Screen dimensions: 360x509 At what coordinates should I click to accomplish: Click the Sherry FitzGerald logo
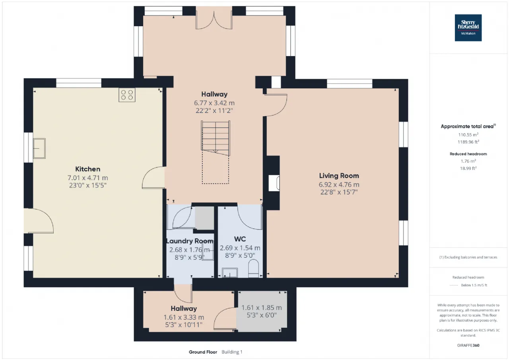pyautogui.click(x=468, y=27)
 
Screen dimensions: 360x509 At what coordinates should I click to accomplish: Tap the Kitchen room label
pyautogui.click(x=88, y=169)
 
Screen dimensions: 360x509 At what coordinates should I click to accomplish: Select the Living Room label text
pyautogui.click(x=339, y=175)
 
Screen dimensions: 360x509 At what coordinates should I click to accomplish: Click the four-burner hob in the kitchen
pyautogui.click(x=127, y=95)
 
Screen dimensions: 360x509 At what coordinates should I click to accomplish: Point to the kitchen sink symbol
pyautogui.click(x=39, y=148)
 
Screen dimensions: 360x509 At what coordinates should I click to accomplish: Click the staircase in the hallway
pyautogui.click(x=216, y=138)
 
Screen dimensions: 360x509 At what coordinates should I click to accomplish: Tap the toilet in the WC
pyautogui.click(x=253, y=269)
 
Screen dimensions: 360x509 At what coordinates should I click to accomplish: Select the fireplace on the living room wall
pyautogui.click(x=274, y=183)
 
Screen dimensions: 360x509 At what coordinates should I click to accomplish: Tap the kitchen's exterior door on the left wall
pyautogui.click(x=39, y=221)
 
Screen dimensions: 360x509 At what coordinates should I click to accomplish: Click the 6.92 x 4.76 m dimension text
pyautogui.click(x=339, y=185)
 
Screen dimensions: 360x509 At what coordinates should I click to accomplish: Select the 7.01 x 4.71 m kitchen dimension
pyautogui.click(x=88, y=178)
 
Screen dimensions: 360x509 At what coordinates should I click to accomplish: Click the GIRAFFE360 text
pyautogui.click(x=468, y=345)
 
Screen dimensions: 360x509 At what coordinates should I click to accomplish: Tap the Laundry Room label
pyautogui.click(x=189, y=241)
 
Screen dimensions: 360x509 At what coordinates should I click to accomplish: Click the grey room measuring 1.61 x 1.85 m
pyautogui.click(x=262, y=311)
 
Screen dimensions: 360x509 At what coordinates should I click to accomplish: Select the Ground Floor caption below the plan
pyautogui.click(x=203, y=352)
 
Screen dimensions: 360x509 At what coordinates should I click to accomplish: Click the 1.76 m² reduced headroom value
pyautogui.click(x=468, y=161)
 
